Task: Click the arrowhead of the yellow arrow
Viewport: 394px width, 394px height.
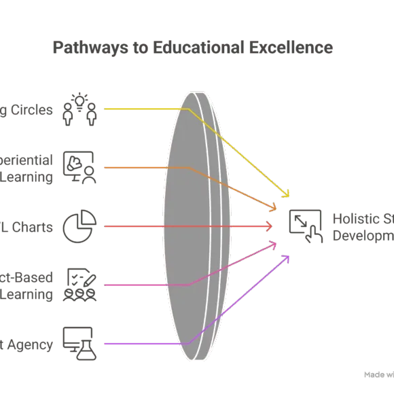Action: (x=287, y=196)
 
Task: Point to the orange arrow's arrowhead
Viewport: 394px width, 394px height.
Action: (x=274, y=208)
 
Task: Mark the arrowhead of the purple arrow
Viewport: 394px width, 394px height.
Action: (x=288, y=257)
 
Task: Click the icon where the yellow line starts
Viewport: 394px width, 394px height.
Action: (x=79, y=109)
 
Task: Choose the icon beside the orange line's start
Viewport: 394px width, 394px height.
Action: (x=79, y=166)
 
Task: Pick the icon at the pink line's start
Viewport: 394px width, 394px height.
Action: (x=79, y=285)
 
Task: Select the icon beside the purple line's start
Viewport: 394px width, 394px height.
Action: (x=79, y=344)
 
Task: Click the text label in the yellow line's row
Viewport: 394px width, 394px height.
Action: (x=27, y=110)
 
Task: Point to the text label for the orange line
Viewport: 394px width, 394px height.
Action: (x=27, y=167)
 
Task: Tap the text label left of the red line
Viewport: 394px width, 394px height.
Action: (x=27, y=227)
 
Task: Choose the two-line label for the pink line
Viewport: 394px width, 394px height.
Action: (x=27, y=285)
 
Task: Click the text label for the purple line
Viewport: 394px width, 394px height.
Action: (x=27, y=344)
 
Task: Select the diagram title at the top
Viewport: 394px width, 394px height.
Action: (x=193, y=48)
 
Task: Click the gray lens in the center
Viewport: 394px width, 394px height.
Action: (x=194, y=226)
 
